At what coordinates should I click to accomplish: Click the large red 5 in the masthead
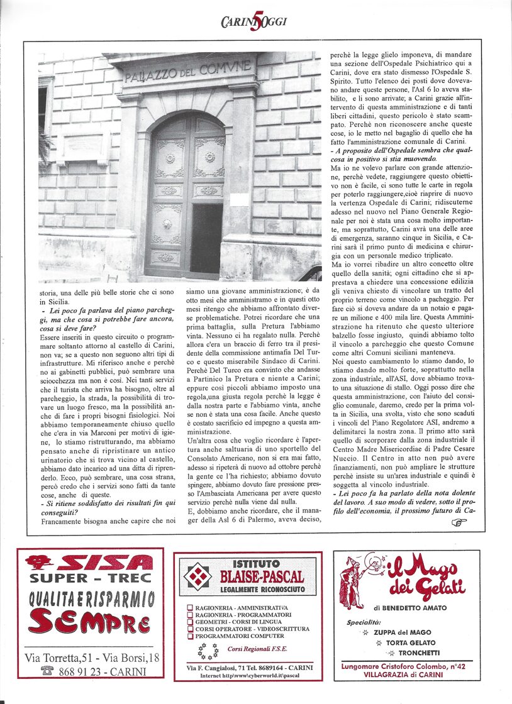(x=255, y=22)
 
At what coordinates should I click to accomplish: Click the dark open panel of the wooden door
(x=207, y=238)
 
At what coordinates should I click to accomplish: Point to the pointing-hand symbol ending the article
(x=459, y=522)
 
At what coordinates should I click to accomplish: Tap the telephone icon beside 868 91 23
(x=47, y=671)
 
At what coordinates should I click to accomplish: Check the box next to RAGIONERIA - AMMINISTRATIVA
(x=189, y=607)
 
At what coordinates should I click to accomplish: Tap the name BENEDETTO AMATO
(x=420, y=608)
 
